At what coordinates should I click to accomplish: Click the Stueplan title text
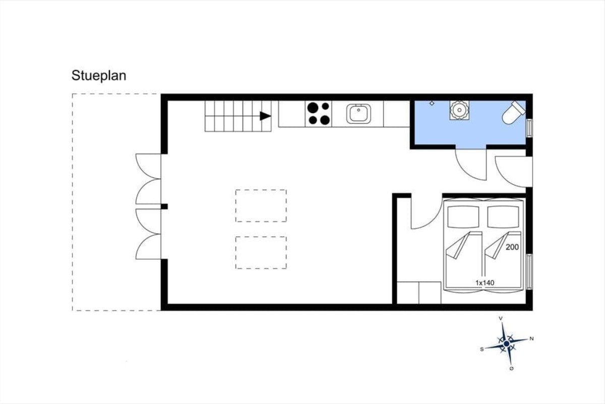[x=99, y=75]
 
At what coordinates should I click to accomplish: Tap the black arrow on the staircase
[x=265, y=116]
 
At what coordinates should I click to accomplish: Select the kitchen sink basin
[x=358, y=114]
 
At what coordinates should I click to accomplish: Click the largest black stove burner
[x=313, y=108]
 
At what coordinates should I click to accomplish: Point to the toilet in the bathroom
[x=513, y=113]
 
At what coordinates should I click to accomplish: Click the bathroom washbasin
[x=459, y=110]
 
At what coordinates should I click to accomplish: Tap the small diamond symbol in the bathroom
[x=432, y=103]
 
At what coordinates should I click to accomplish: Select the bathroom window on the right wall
[x=529, y=128]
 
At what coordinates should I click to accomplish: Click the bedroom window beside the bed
[x=529, y=272]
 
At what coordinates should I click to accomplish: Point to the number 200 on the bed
[x=512, y=247]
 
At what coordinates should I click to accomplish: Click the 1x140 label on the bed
[x=485, y=283]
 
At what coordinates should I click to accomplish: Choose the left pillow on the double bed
[x=463, y=217]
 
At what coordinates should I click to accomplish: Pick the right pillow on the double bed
[x=503, y=217]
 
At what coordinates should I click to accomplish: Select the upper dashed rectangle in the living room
[x=261, y=206]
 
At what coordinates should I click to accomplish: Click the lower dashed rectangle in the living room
[x=261, y=252]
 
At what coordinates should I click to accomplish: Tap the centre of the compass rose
[x=506, y=344]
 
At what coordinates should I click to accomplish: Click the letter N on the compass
[x=531, y=338]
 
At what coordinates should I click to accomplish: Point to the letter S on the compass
[x=482, y=349]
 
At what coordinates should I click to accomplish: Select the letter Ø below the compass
[x=512, y=369]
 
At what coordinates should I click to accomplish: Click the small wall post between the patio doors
[x=164, y=207]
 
